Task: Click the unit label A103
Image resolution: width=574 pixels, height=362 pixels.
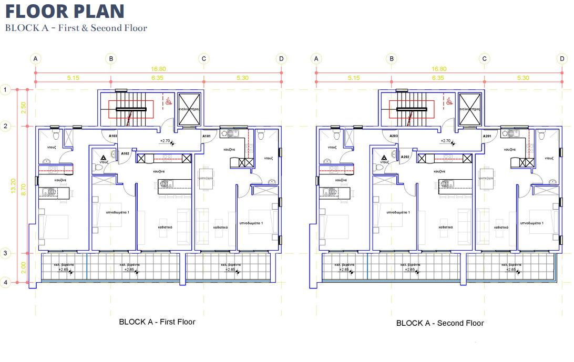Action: tap(113, 136)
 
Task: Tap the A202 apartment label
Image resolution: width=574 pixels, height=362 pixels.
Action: tap(405, 157)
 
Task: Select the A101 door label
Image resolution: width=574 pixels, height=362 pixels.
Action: tap(206, 136)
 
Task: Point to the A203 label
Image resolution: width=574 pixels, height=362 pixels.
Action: tap(394, 136)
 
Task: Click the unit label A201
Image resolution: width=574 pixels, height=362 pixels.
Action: tap(487, 136)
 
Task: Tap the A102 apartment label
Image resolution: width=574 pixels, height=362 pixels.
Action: tap(125, 153)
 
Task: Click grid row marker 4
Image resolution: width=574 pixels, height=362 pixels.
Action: tap(5, 283)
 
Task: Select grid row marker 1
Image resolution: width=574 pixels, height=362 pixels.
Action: tap(5, 90)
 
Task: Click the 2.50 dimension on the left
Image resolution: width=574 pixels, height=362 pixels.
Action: tap(23, 108)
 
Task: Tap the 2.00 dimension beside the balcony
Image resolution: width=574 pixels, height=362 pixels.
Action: tap(23, 268)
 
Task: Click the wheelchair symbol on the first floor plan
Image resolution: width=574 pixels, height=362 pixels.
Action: tap(168, 101)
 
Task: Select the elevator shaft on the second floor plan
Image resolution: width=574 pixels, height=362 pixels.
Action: tap(469, 109)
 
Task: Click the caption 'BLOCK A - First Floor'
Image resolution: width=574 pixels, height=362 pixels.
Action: tap(157, 322)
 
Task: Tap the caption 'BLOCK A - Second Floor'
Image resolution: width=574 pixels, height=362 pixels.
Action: tap(440, 323)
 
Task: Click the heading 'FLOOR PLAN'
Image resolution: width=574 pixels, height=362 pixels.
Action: tap(65, 11)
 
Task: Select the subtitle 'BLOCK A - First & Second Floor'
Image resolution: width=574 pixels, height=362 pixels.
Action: tap(76, 28)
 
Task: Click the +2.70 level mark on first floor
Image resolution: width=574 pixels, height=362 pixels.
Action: tap(166, 141)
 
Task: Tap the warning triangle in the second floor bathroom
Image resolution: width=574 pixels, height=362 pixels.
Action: tap(385, 157)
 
